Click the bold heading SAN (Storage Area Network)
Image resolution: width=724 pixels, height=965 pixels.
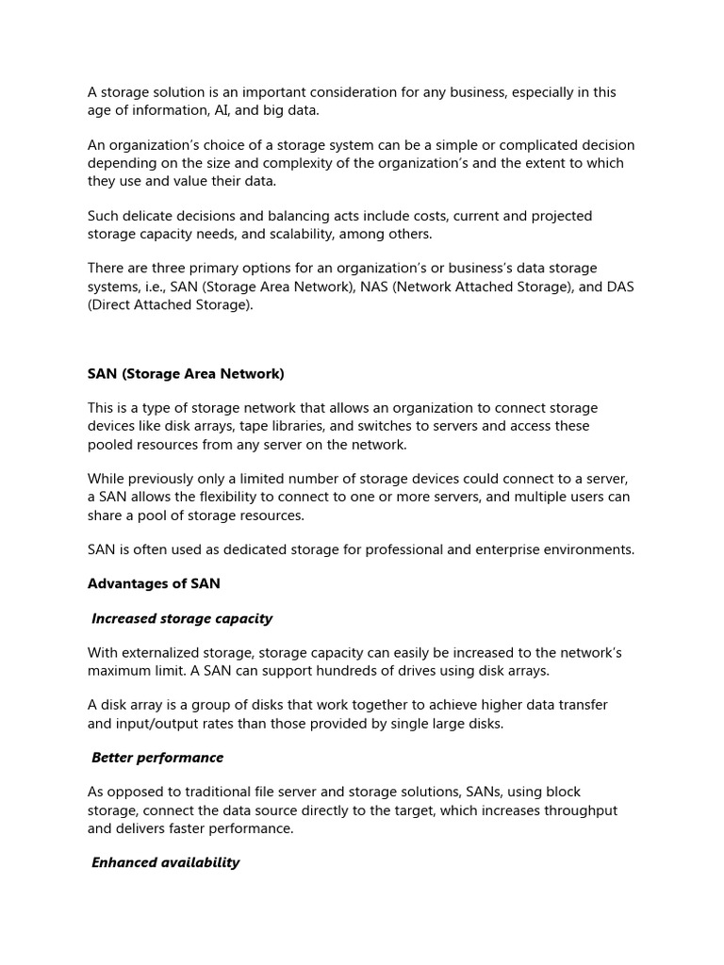click(186, 374)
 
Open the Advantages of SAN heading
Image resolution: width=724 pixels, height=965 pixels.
click(154, 583)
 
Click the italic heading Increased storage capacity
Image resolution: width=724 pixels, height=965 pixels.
click(182, 618)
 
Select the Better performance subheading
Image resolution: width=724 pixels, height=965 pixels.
click(157, 758)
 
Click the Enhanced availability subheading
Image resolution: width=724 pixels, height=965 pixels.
click(166, 862)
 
